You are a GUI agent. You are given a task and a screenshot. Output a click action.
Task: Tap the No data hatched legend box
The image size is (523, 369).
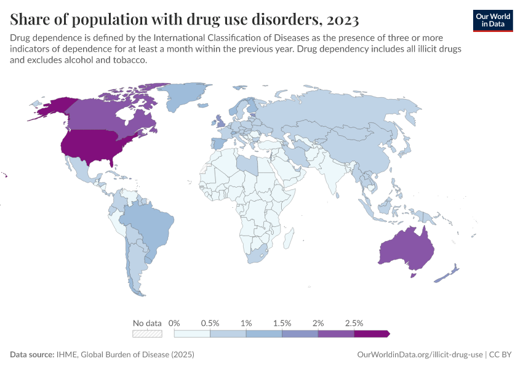(148, 334)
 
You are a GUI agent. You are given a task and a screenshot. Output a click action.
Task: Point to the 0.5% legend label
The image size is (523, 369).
(210, 323)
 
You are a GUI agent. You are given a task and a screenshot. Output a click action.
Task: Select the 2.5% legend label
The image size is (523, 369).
(354, 323)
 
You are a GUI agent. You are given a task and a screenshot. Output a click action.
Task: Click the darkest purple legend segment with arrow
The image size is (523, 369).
(371, 334)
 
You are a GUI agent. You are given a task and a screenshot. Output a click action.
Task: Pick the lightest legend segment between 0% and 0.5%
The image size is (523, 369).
(192, 334)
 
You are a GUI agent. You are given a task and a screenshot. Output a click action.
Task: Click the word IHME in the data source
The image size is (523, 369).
(68, 355)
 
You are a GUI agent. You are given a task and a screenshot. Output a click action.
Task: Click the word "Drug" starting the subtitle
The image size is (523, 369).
(20, 38)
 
